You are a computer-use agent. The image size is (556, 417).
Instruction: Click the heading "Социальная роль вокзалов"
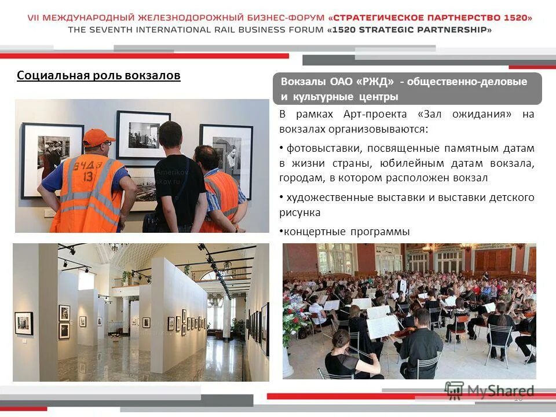(98, 76)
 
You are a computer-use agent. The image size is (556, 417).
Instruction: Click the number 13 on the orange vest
(89, 175)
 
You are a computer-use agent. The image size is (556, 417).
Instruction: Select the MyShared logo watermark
(489, 390)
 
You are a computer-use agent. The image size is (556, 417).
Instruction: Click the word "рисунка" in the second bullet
(299, 213)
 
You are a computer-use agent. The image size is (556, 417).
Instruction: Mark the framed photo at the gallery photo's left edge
(24, 323)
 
